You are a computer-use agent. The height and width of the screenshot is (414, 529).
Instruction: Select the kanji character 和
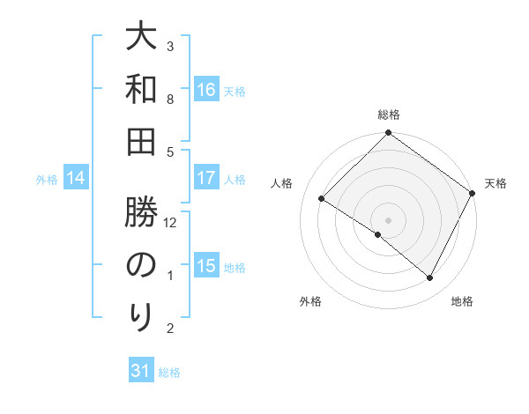140,90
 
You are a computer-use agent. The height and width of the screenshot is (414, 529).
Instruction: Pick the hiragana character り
140,316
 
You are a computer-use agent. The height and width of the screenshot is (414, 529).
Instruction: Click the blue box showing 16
206,90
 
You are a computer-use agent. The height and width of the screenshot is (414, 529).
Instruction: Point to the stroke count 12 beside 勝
171,223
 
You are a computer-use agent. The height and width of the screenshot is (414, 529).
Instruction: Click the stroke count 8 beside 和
171,100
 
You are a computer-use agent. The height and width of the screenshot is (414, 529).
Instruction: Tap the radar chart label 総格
388,115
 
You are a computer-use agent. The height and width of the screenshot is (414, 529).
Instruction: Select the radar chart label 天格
495,183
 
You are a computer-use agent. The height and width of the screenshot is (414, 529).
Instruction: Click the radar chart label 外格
310,301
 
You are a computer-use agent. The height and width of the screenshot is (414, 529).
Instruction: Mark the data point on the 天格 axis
473,193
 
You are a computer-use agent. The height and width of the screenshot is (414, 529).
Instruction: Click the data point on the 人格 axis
322,199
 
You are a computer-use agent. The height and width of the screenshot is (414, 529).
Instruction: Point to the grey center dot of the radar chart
388,219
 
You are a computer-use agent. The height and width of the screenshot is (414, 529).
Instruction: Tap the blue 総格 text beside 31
169,373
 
